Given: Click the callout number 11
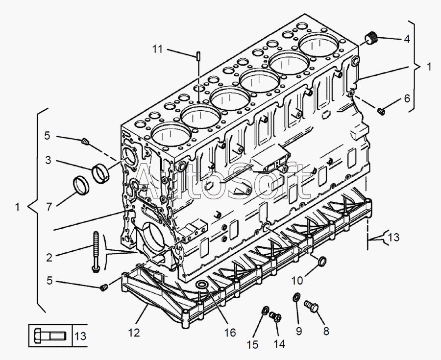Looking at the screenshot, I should click(157, 49).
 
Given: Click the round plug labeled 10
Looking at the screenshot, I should click(322, 263).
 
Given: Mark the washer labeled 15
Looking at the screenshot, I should click(265, 311).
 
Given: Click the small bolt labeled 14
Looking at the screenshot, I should click(275, 317).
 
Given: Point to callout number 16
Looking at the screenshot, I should click(230, 333).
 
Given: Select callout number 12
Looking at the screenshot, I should click(134, 333).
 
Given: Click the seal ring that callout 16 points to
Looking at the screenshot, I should click(201, 286).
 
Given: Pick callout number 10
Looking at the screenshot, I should click(297, 281).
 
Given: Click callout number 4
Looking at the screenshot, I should click(406, 40).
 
